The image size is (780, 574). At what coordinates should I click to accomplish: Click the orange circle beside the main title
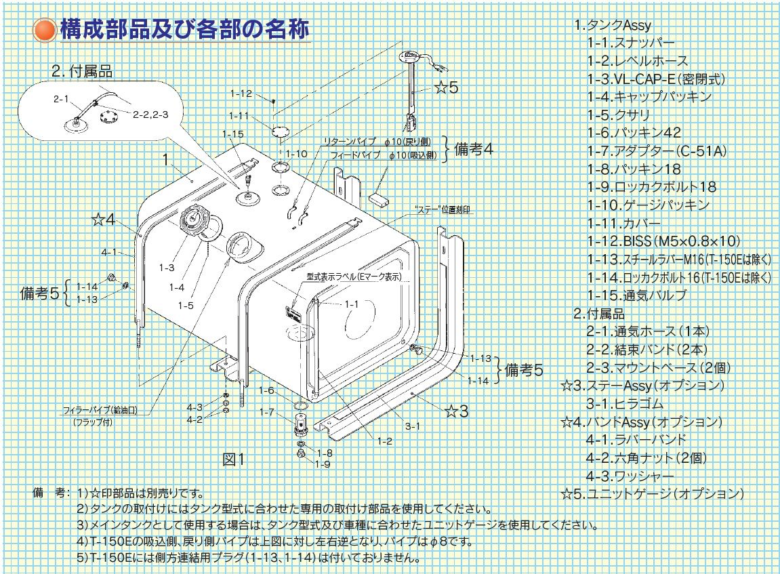(x=45, y=30)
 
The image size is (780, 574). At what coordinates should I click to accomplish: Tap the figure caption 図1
(x=234, y=459)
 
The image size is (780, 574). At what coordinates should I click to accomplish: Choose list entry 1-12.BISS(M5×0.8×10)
(x=663, y=241)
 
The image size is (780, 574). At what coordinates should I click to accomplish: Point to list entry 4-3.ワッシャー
(x=630, y=476)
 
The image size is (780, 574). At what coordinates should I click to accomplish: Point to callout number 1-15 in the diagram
(x=232, y=134)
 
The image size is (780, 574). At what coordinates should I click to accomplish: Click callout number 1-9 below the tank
(x=323, y=464)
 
